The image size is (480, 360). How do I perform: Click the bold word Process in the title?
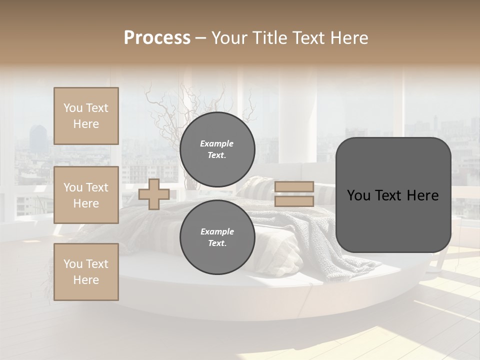tap(157, 38)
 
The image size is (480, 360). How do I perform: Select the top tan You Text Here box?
tap(86, 116)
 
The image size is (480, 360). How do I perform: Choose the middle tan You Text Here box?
tap(86, 195)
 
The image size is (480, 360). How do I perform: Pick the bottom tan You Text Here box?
tap(86, 272)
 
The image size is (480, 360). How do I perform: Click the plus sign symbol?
tap(153, 194)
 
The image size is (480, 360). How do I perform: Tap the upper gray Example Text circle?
tap(217, 149)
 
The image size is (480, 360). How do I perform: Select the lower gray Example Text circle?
tap(217, 237)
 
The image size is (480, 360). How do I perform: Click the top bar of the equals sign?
tap(294, 186)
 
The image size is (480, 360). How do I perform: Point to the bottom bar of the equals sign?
tap(294, 201)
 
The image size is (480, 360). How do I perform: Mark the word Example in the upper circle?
tap(217, 143)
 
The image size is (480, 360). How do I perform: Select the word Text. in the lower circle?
tap(217, 243)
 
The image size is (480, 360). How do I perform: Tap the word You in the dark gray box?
tap(358, 195)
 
